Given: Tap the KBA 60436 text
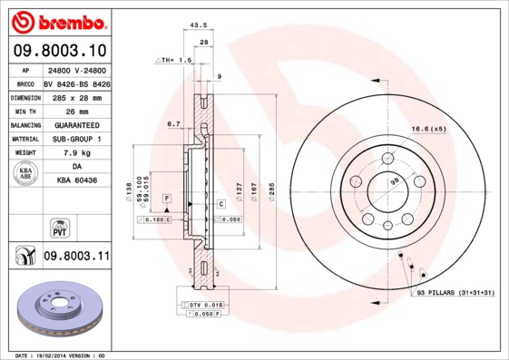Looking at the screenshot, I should [76, 180].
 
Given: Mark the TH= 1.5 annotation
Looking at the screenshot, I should [174, 60].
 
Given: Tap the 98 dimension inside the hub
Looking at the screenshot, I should [394, 182].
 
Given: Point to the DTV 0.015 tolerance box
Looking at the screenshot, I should [207, 305].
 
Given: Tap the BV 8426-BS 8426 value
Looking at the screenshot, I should [76, 83].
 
